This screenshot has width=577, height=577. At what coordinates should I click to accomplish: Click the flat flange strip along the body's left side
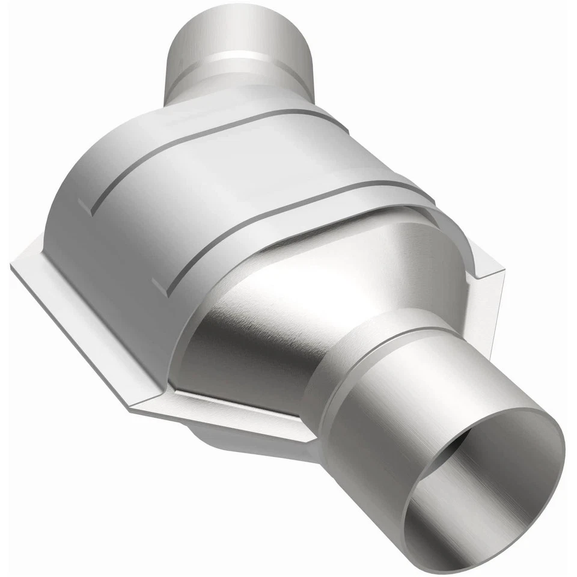click(x=72, y=325)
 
